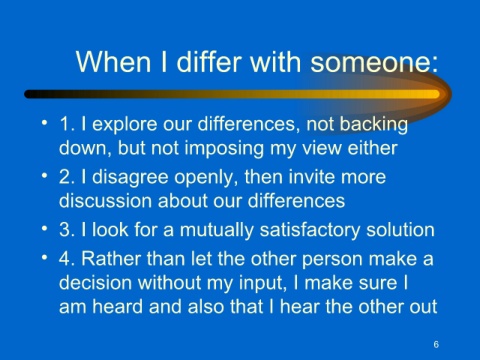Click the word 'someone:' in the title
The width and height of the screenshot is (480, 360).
tap(374, 62)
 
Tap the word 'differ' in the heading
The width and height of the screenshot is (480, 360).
tap(209, 62)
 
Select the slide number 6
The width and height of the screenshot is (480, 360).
tap(436, 344)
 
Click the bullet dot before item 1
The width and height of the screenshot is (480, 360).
tap(44, 122)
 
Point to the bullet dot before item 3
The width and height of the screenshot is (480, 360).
tap(44, 228)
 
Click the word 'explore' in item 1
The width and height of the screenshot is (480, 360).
tap(125, 124)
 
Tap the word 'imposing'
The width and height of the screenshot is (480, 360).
tap(224, 148)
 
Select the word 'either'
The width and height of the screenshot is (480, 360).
tap(372, 147)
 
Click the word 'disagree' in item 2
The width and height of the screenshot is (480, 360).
tap(130, 177)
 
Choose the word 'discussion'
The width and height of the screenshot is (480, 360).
tap(106, 201)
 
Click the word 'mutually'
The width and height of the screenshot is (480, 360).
tap(217, 230)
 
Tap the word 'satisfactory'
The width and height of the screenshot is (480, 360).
tap(310, 230)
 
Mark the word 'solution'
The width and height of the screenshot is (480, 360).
tap(400, 229)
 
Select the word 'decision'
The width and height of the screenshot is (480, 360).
tap(95, 282)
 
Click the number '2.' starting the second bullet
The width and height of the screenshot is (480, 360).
tap(67, 177)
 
